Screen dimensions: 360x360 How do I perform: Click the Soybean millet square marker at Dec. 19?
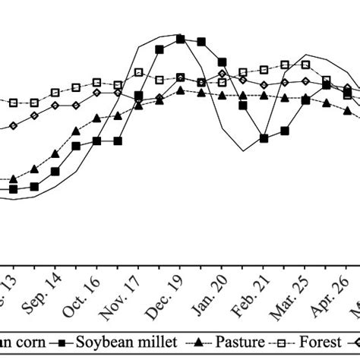pos(180,38)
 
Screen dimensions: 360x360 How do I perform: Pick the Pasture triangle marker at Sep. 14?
pos(55,154)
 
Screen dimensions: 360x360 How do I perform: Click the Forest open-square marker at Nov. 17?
pos(138,73)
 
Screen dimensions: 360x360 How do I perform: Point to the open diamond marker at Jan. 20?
pos(222,74)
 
